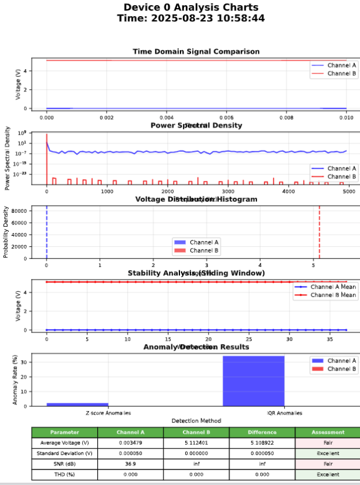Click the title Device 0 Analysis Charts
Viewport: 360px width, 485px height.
pos(191,7)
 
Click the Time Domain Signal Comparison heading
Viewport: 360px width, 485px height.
pos(196,51)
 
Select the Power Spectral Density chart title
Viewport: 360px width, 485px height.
pos(196,125)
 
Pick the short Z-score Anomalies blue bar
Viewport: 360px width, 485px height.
pos(77,404)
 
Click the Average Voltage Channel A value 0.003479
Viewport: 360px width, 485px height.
pos(131,443)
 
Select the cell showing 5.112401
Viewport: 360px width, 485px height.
pos(196,443)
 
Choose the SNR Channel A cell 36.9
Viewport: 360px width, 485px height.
pos(131,464)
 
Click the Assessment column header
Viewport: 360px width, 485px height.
pos(328,432)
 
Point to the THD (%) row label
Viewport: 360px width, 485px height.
pos(64,475)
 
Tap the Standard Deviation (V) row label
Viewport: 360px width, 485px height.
pos(64,453)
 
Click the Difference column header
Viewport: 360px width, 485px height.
pos(262,432)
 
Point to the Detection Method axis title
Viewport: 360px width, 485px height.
pos(196,421)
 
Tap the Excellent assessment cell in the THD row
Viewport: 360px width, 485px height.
pos(328,475)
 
